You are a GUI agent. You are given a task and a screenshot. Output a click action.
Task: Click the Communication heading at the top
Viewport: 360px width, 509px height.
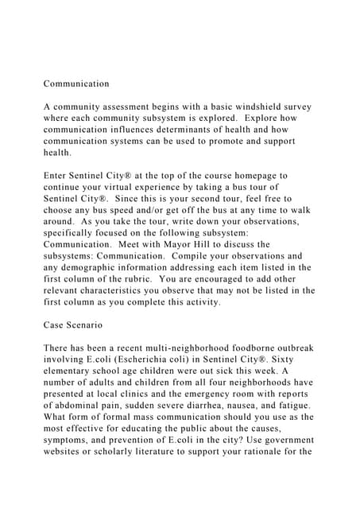(76, 84)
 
